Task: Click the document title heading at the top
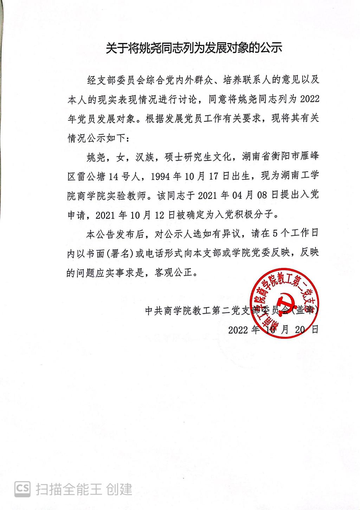point(194,48)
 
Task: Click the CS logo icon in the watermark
point(22,489)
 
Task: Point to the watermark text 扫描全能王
point(68,489)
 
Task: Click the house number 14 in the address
point(114,177)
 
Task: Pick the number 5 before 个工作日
point(275,234)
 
